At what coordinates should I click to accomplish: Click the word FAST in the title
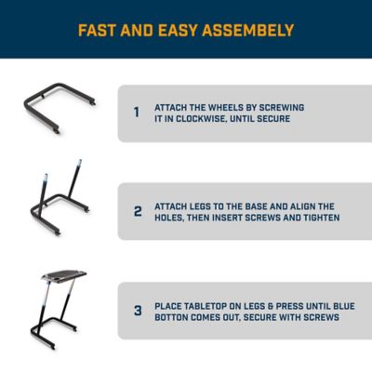[x=98, y=31]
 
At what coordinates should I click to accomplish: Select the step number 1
[x=136, y=113]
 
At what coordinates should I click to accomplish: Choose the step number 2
[x=137, y=211]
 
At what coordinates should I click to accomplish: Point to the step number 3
[x=137, y=311]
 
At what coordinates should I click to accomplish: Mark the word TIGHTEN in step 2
[x=316, y=218]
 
